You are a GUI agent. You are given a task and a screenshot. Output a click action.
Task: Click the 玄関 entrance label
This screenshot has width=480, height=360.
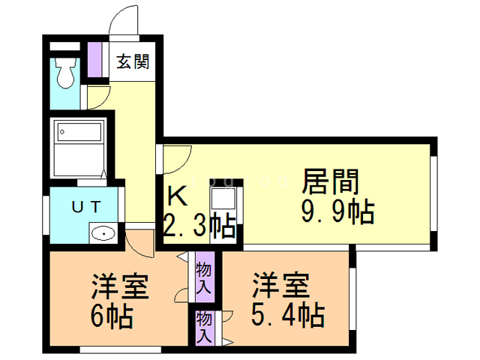coord(133,61)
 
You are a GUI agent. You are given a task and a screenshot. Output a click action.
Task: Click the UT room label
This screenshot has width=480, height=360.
coord(83,206)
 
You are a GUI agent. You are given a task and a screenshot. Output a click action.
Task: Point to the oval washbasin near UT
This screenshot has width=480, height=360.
coord(102,234)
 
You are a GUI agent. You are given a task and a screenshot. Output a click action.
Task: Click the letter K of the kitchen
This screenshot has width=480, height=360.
coord(178,196)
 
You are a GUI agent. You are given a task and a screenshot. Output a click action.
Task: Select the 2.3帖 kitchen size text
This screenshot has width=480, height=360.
coord(199,224)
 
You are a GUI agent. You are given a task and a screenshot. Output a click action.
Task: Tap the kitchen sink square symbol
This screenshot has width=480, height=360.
coord(223,199)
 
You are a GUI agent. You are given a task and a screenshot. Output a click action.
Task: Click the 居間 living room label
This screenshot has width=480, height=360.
coord(331,183)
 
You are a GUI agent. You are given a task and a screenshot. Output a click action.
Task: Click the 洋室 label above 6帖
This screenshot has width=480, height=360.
coord(119,287)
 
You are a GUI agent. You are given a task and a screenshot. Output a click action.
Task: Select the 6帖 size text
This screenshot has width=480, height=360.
coord(112,317)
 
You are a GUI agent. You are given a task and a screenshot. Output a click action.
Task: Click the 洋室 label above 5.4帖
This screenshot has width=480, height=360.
coord(280,286)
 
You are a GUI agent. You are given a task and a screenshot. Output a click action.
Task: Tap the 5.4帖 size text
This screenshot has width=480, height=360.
coord(288,315)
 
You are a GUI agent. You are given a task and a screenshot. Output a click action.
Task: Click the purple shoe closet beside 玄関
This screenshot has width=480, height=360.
coord(95,61)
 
